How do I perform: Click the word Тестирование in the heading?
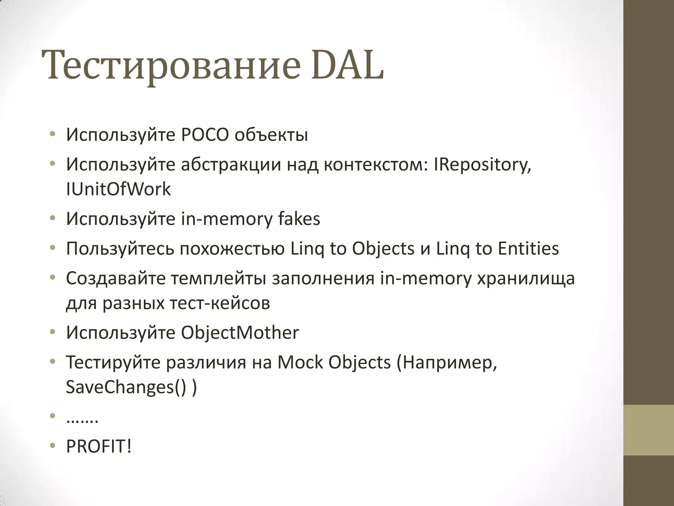click(171, 65)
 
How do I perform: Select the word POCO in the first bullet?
click(205, 135)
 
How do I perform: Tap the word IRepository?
click(482, 164)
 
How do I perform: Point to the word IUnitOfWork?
click(118, 189)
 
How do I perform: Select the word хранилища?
click(526, 278)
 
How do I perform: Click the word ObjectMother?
click(240, 332)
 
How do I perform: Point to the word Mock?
click(300, 362)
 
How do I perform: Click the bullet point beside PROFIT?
click(52, 446)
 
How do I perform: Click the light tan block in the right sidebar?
click(649, 430)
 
